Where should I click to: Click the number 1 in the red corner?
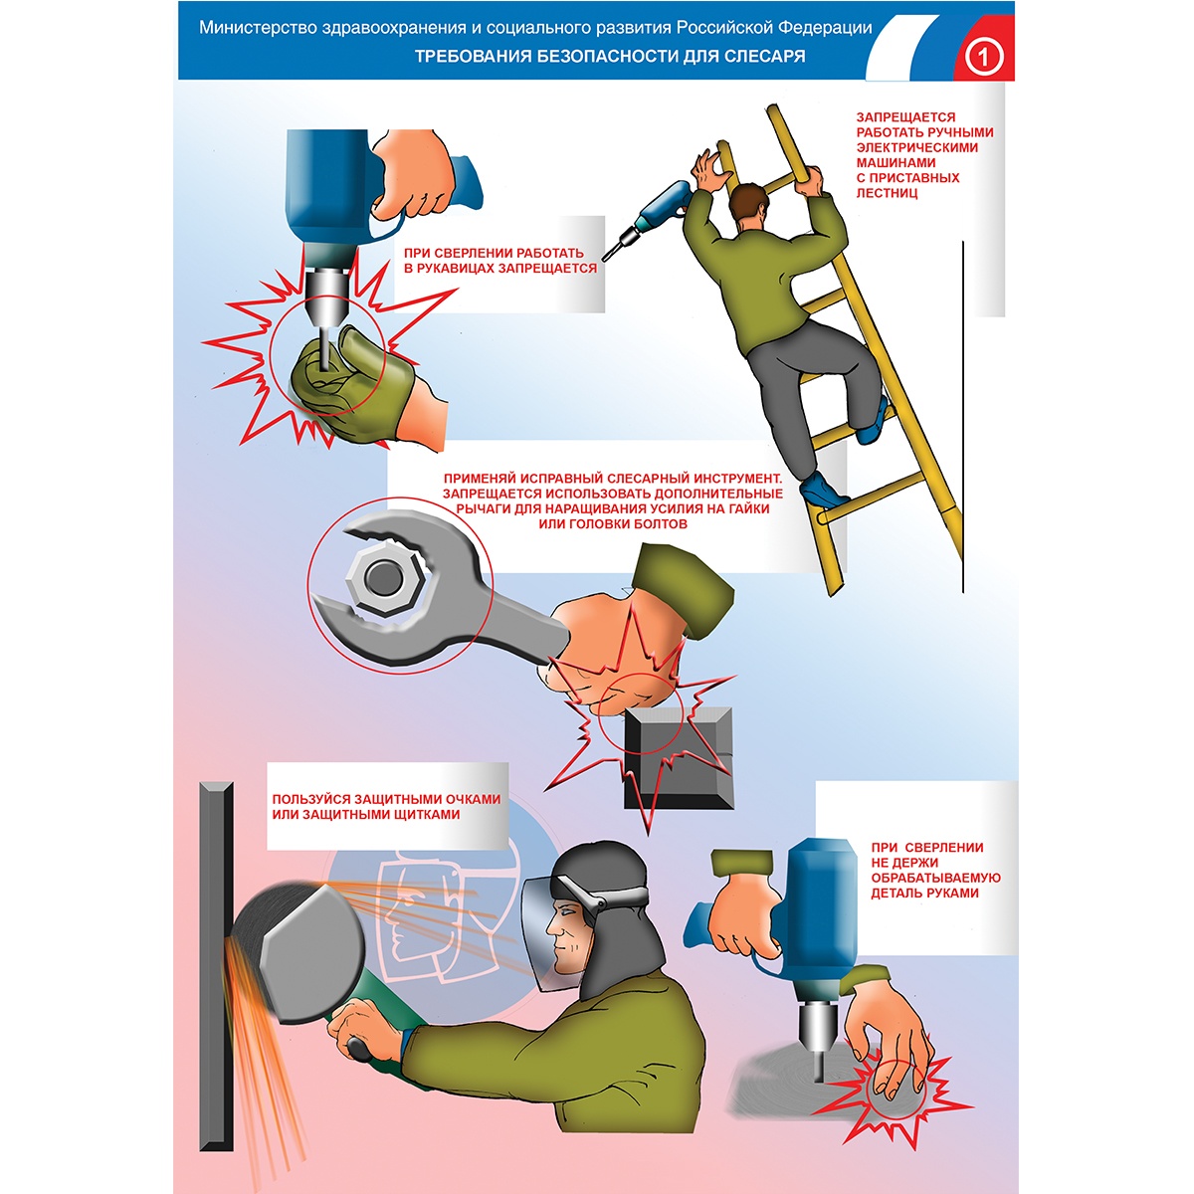tap(983, 59)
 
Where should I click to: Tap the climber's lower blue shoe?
tap(820, 490)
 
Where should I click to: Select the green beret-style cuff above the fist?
tap(681, 589)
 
